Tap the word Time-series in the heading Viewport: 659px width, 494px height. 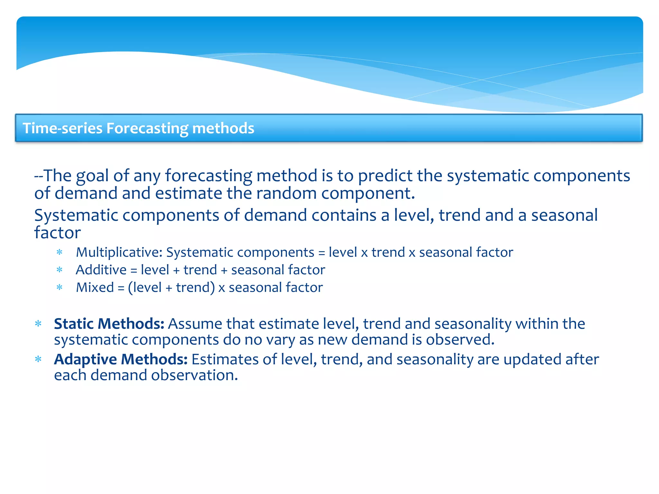pos(62,128)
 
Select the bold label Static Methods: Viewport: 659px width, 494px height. pos(109,324)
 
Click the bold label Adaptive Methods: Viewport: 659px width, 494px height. pos(121,359)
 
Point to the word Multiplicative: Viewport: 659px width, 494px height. pos(119,252)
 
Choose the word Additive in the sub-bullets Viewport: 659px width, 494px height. pos(101,270)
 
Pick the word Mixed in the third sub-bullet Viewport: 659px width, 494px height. pos(95,288)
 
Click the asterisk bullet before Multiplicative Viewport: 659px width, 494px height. pos(60,253)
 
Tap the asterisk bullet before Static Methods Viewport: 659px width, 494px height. pos(38,324)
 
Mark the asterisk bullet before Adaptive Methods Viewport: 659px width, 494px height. pos(38,360)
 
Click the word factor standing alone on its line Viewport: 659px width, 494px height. pos(57,233)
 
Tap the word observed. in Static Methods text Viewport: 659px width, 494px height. pos(460,340)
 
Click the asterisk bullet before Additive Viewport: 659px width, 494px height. pos(60,270)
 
